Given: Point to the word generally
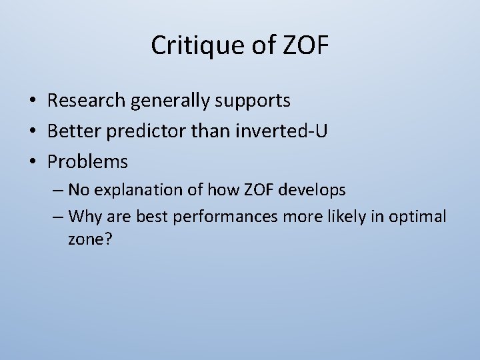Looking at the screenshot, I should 171,101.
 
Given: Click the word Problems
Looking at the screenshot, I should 87,162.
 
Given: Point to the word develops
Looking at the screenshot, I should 313,190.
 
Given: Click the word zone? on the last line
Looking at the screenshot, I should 89,239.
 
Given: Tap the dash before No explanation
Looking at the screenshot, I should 57,191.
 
